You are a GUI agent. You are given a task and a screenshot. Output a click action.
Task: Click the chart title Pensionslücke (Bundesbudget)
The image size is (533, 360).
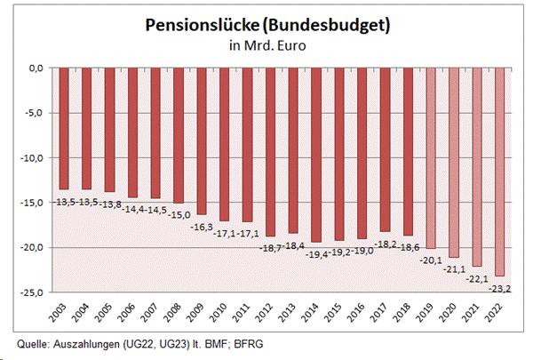coord(267,26)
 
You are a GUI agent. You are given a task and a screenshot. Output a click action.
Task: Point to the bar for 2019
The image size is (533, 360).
coord(433,156)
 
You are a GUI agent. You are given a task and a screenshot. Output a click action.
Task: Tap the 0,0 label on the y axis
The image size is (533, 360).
coord(37,68)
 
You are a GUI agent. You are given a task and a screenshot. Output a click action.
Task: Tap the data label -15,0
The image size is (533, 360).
coord(177,214)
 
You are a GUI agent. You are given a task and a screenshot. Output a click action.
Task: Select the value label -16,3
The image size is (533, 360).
coord(200,226)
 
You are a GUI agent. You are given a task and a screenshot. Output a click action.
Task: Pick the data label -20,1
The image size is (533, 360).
coord(434,260)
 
